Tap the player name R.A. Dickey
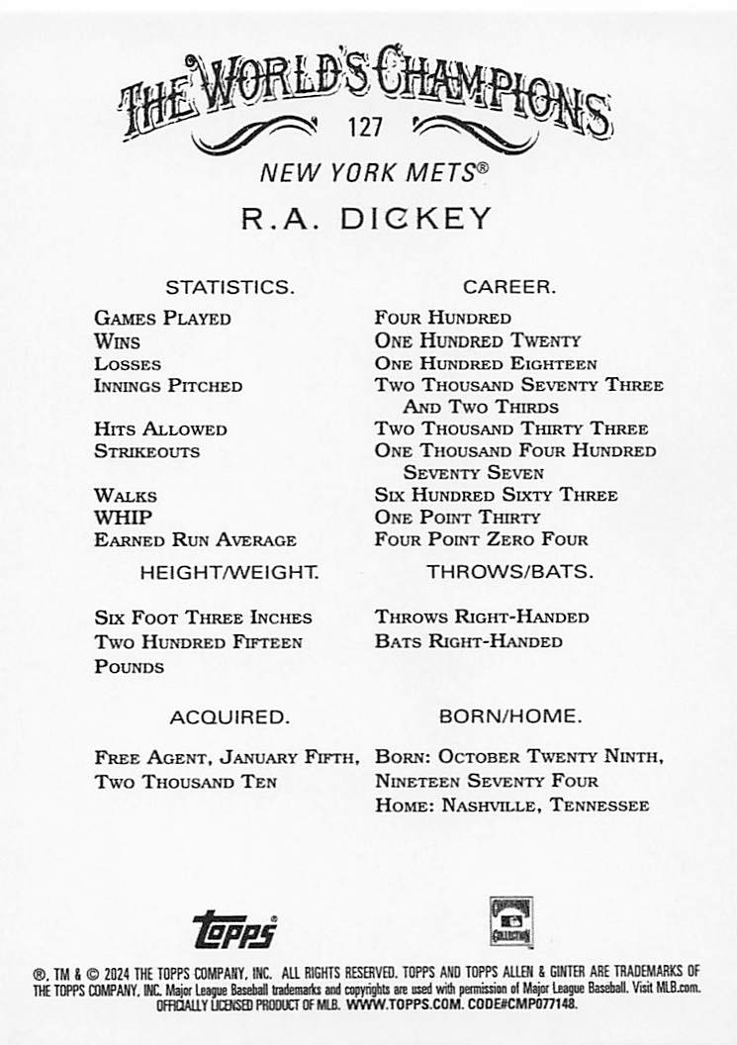(x=367, y=218)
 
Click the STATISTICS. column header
(x=230, y=288)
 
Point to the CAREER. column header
(x=509, y=288)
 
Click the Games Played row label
(x=162, y=319)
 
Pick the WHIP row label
(x=123, y=518)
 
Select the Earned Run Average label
(x=195, y=540)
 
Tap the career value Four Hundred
(x=442, y=319)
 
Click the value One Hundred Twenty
(x=477, y=340)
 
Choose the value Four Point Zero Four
(x=481, y=540)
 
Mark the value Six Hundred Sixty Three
(x=496, y=495)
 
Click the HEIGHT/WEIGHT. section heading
(x=230, y=572)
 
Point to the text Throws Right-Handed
(x=482, y=617)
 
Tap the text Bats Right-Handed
(x=468, y=641)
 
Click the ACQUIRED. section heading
(x=230, y=716)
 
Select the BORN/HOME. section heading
(x=510, y=715)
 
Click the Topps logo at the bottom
(x=234, y=930)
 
